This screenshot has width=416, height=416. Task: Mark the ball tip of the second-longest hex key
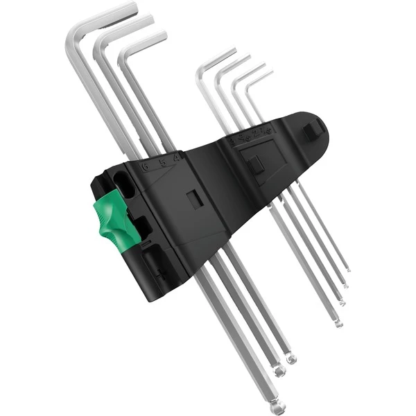(x=279, y=372)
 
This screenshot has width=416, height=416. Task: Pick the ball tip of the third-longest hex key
(x=292, y=358)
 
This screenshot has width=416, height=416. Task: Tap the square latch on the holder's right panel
(x=256, y=164)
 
